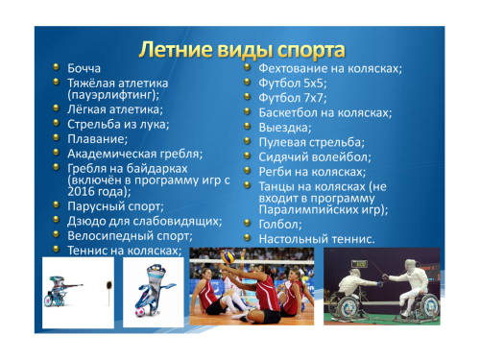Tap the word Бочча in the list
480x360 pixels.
click(x=84, y=68)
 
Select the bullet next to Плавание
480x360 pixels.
click(x=57, y=137)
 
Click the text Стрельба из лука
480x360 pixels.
click(x=117, y=124)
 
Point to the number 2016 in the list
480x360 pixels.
click(x=80, y=191)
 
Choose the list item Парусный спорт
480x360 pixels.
click(x=115, y=206)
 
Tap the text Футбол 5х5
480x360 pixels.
click(x=292, y=84)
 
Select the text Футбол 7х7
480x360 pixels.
click(x=292, y=98)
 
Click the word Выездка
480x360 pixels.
click(x=284, y=128)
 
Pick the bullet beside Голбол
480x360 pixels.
click(x=247, y=223)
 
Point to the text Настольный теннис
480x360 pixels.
click(x=316, y=239)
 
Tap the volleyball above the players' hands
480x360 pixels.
click(x=228, y=257)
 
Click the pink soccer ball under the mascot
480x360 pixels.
click(x=139, y=312)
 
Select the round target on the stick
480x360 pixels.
click(x=109, y=284)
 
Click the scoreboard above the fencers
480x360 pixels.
click(x=359, y=264)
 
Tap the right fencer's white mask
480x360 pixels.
click(x=410, y=267)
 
